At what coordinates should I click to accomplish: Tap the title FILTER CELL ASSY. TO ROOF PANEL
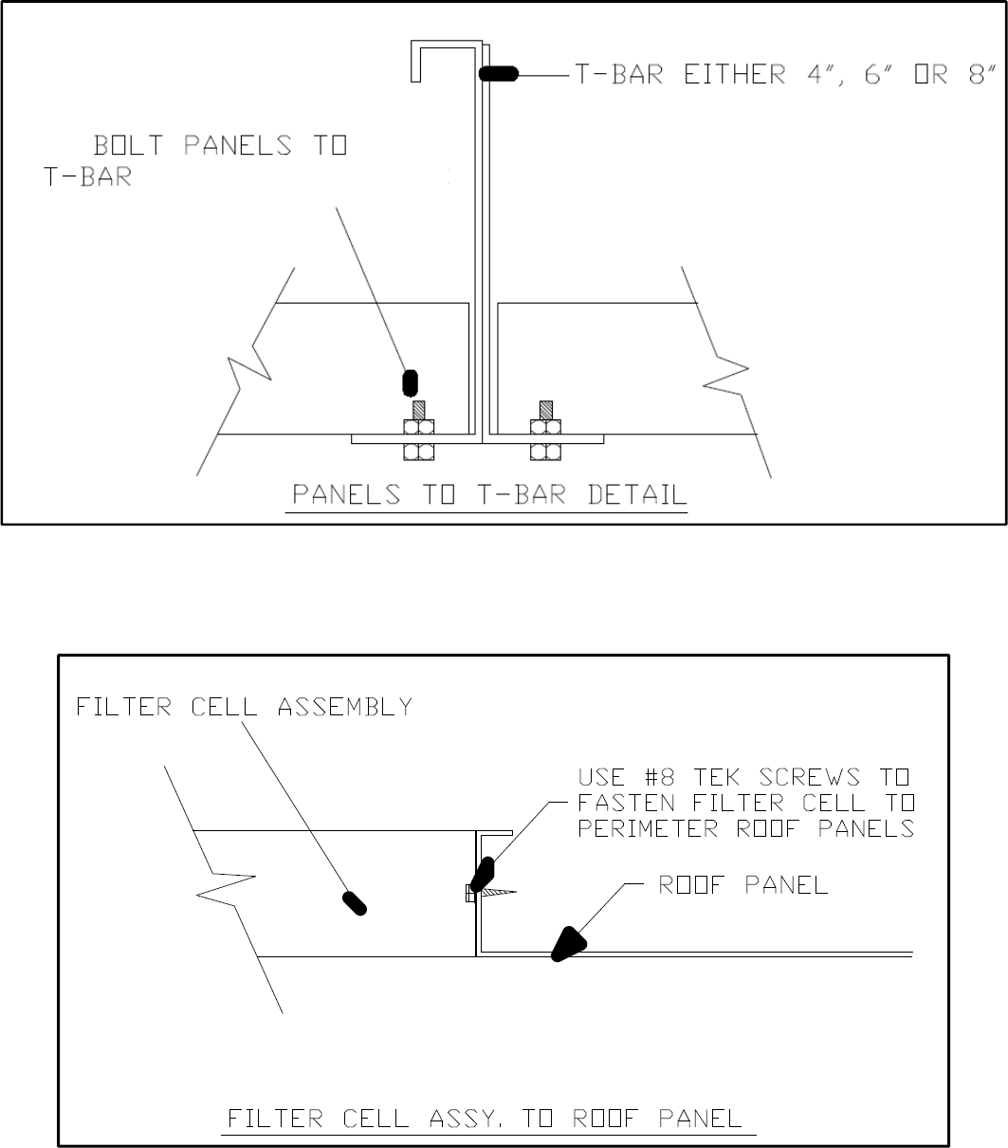(x=489, y=1119)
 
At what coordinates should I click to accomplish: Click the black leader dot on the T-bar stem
(x=498, y=74)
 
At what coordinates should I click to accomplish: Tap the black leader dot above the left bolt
(x=411, y=381)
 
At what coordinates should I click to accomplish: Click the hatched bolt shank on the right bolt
(x=545, y=410)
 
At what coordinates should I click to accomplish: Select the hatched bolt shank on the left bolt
(x=418, y=410)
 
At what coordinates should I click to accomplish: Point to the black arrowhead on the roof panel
(x=568, y=945)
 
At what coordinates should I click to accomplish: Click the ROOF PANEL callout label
(x=743, y=885)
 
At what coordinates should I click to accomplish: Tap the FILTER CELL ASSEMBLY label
(x=244, y=707)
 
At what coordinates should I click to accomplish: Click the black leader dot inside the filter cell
(x=355, y=902)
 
